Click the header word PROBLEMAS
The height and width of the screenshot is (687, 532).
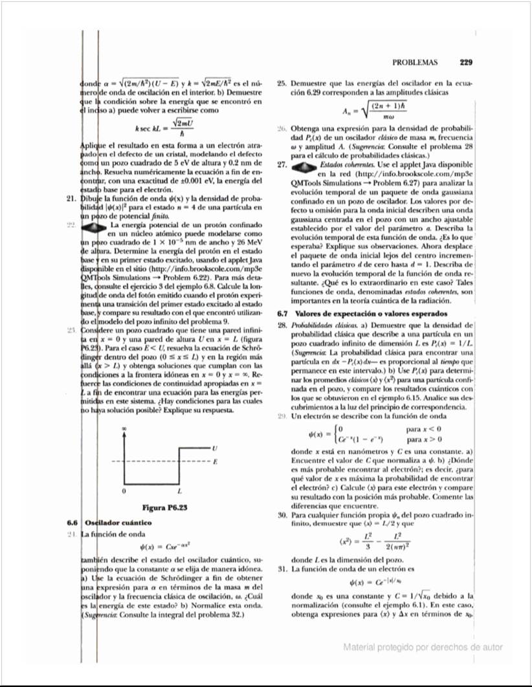click(414, 63)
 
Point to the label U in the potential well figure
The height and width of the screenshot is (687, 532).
click(214, 448)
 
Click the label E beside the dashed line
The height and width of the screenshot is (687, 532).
click(214, 461)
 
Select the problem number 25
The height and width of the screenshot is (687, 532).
click(282, 83)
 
